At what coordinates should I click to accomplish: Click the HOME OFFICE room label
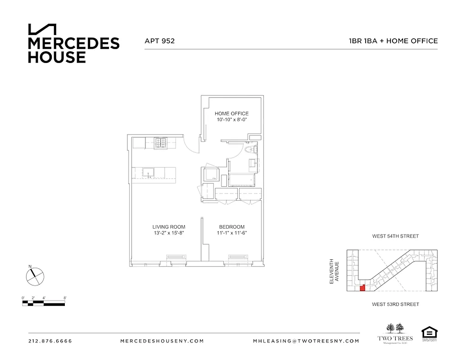231,113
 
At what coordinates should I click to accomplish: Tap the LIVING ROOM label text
169,227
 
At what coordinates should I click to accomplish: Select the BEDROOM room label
232,227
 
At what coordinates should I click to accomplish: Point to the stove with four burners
161,143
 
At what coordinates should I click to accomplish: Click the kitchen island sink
148,172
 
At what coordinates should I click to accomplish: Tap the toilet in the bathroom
249,150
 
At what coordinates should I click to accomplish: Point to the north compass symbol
35,275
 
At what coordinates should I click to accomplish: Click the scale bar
44,303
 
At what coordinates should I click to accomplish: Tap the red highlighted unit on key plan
362,288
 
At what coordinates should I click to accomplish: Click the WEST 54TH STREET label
395,236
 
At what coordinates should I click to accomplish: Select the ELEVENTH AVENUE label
333,271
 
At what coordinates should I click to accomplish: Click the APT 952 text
159,41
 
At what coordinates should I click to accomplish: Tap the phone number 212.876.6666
50,341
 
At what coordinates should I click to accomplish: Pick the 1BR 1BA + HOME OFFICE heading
393,41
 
